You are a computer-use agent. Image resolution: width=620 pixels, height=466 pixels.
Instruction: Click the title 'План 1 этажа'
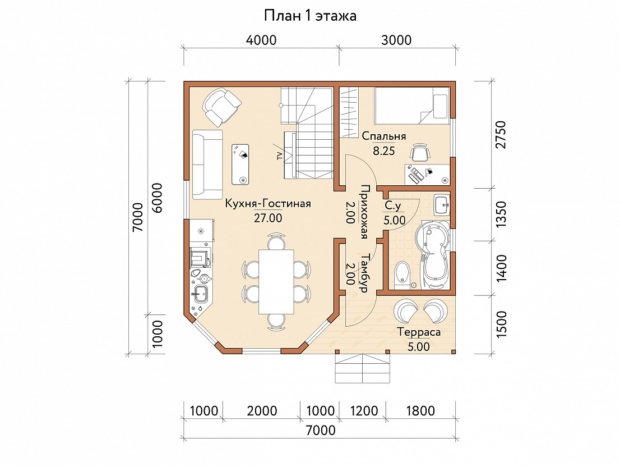coord(310,16)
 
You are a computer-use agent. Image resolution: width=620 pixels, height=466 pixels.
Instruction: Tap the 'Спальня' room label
coord(384,136)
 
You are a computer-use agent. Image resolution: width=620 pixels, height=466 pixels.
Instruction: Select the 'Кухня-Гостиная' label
coord(268,203)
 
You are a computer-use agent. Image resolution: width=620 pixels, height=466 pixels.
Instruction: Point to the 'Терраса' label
coord(419,332)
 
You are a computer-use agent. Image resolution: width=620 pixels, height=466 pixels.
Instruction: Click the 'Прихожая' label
coord(364,212)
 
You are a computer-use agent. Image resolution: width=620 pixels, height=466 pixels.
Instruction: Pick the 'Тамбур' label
coord(364,273)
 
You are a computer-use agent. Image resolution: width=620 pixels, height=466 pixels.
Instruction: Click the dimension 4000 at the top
coord(261,40)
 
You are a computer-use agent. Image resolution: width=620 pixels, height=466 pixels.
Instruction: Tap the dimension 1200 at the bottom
coord(364,411)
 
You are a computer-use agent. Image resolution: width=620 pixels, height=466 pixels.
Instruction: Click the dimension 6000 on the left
coord(157,198)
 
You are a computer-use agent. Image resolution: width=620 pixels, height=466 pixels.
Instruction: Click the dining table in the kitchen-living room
coord(276,281)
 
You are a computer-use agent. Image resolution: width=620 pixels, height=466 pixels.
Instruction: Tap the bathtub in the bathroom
coord(433,254)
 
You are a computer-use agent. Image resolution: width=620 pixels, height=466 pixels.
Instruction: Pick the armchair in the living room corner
coord(221,107)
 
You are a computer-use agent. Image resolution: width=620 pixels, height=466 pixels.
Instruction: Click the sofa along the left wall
coord(207,165)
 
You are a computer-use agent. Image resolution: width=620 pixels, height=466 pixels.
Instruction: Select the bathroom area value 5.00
coord(395,220)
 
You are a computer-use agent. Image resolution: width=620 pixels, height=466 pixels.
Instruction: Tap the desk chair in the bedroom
coord(419,152)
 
